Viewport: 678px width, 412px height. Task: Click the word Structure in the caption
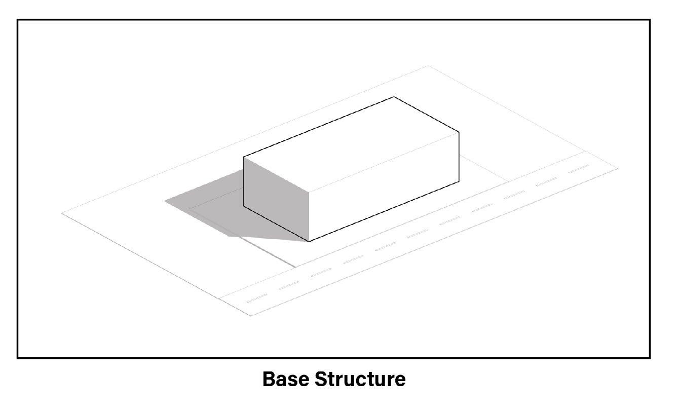(360, 379)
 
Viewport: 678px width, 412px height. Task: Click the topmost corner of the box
(394, 97)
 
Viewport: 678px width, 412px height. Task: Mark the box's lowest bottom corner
(309, 241)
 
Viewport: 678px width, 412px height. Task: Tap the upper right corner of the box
(459, 132)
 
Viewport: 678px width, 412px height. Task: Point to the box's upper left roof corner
(244, 157)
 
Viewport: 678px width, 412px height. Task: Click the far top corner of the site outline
(429, 66)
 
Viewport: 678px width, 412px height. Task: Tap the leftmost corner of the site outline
(62, 213)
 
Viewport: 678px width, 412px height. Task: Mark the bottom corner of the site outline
(251, 316)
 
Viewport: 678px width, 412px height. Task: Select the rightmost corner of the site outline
(618, 168)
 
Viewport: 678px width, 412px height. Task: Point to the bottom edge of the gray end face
(276, 224)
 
